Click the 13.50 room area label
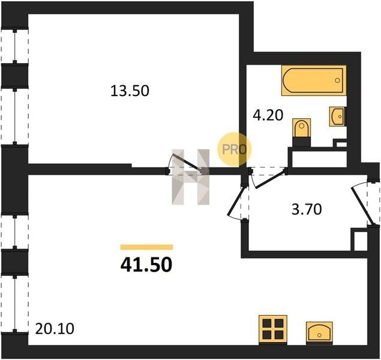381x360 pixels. pos(130,91)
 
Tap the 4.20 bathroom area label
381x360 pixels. pos(268,115)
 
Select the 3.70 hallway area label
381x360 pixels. pos(307,209)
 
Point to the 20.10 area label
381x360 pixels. pos(55,329)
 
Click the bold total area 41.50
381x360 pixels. pos(146,265)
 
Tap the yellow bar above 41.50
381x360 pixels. pos(146,247)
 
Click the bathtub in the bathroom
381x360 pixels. pos(314,80)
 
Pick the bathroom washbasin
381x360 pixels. pos(337,116)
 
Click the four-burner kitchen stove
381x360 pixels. pos(273,329)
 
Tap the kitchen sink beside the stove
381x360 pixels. pos(319,333)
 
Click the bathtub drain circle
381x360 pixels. pos(337,80)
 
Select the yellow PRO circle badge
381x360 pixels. pos(234,149)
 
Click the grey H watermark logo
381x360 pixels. pos(191,177)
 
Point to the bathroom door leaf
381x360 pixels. pos(270,180)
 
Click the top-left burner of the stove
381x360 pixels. pos(267,323)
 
